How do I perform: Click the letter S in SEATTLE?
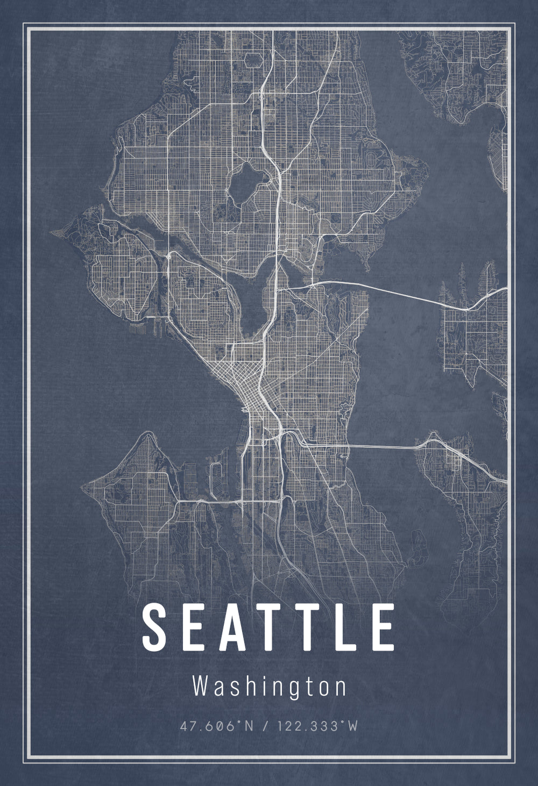[x=154, y=627]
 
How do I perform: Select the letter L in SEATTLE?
[x=345, y=627]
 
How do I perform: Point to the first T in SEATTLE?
[x=273, y=627]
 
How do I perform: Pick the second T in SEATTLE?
[x=309, y=627]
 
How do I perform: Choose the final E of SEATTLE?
[x=383, y=627]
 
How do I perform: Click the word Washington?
[x=270, y=687]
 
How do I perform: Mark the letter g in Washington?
[x=290, y=690]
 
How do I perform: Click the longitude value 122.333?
[x=307, y=726]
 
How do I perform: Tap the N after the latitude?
[x=249, y=726]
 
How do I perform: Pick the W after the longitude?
[x=351, y=726]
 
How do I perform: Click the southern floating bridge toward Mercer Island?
[x=382, y=447]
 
